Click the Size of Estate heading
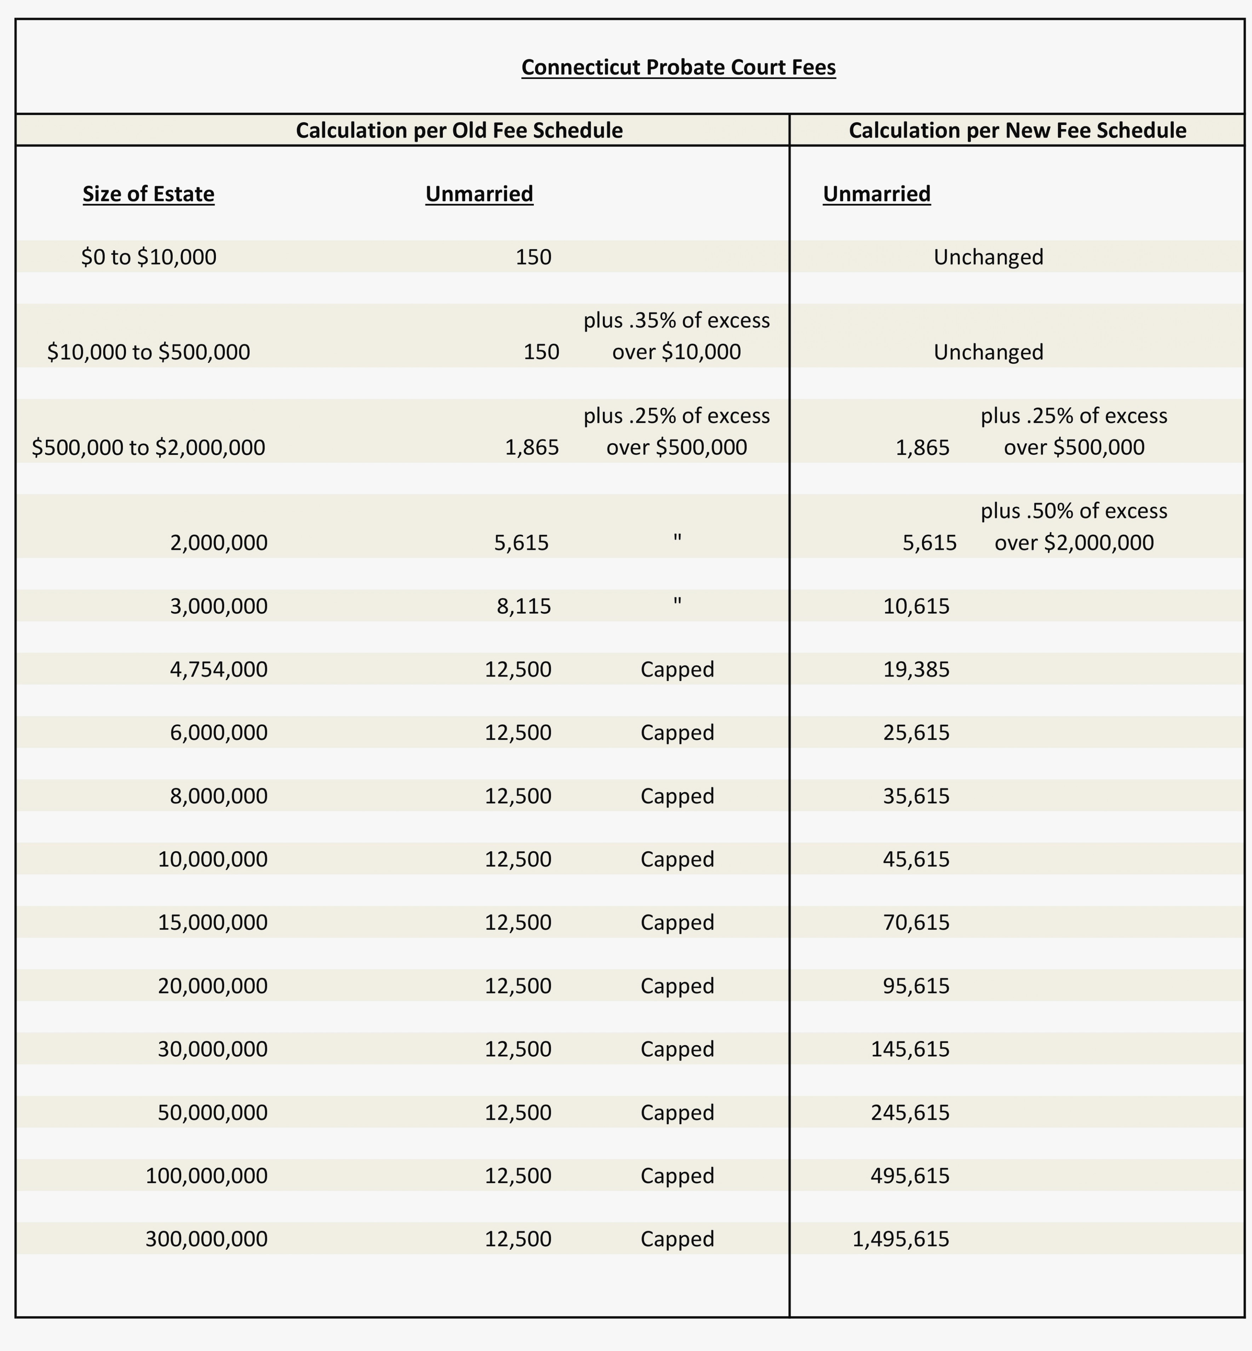pos(148,194)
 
